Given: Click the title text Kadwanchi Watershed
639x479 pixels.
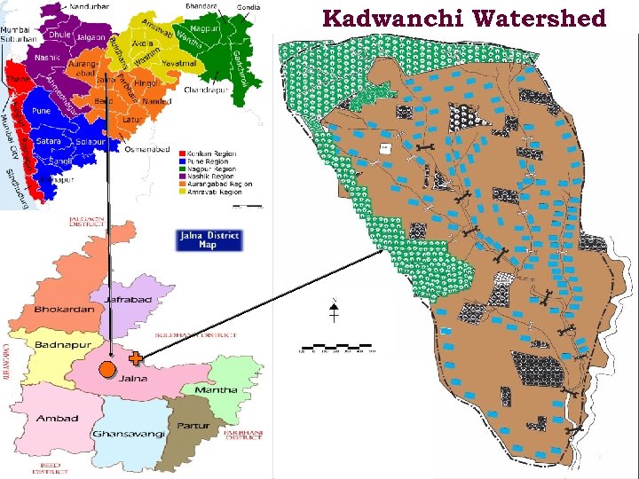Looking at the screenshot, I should click(464, 18).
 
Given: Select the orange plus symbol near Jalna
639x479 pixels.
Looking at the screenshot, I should click(136, 359).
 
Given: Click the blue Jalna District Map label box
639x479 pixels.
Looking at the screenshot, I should click(208, 240).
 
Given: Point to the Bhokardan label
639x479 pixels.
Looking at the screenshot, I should click(65, 310).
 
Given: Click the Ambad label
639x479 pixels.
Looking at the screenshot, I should click(58, 418).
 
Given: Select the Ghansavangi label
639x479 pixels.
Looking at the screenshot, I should click(130, 434).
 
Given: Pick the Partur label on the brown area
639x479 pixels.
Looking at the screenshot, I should click(193, 425).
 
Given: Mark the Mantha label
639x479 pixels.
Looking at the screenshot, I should click(216, 389).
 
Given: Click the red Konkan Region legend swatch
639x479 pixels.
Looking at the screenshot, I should click(183, 153).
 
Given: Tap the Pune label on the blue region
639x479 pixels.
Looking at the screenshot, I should click(42, 112).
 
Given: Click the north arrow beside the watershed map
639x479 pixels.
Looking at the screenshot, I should click(334, 310).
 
